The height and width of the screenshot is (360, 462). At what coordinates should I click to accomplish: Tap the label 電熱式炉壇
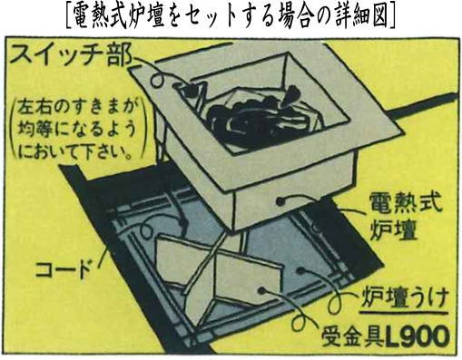(403, 218)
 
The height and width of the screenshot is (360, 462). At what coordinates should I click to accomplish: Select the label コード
(64, 269)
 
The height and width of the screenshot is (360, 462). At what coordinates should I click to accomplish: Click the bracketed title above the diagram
(231, 15)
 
